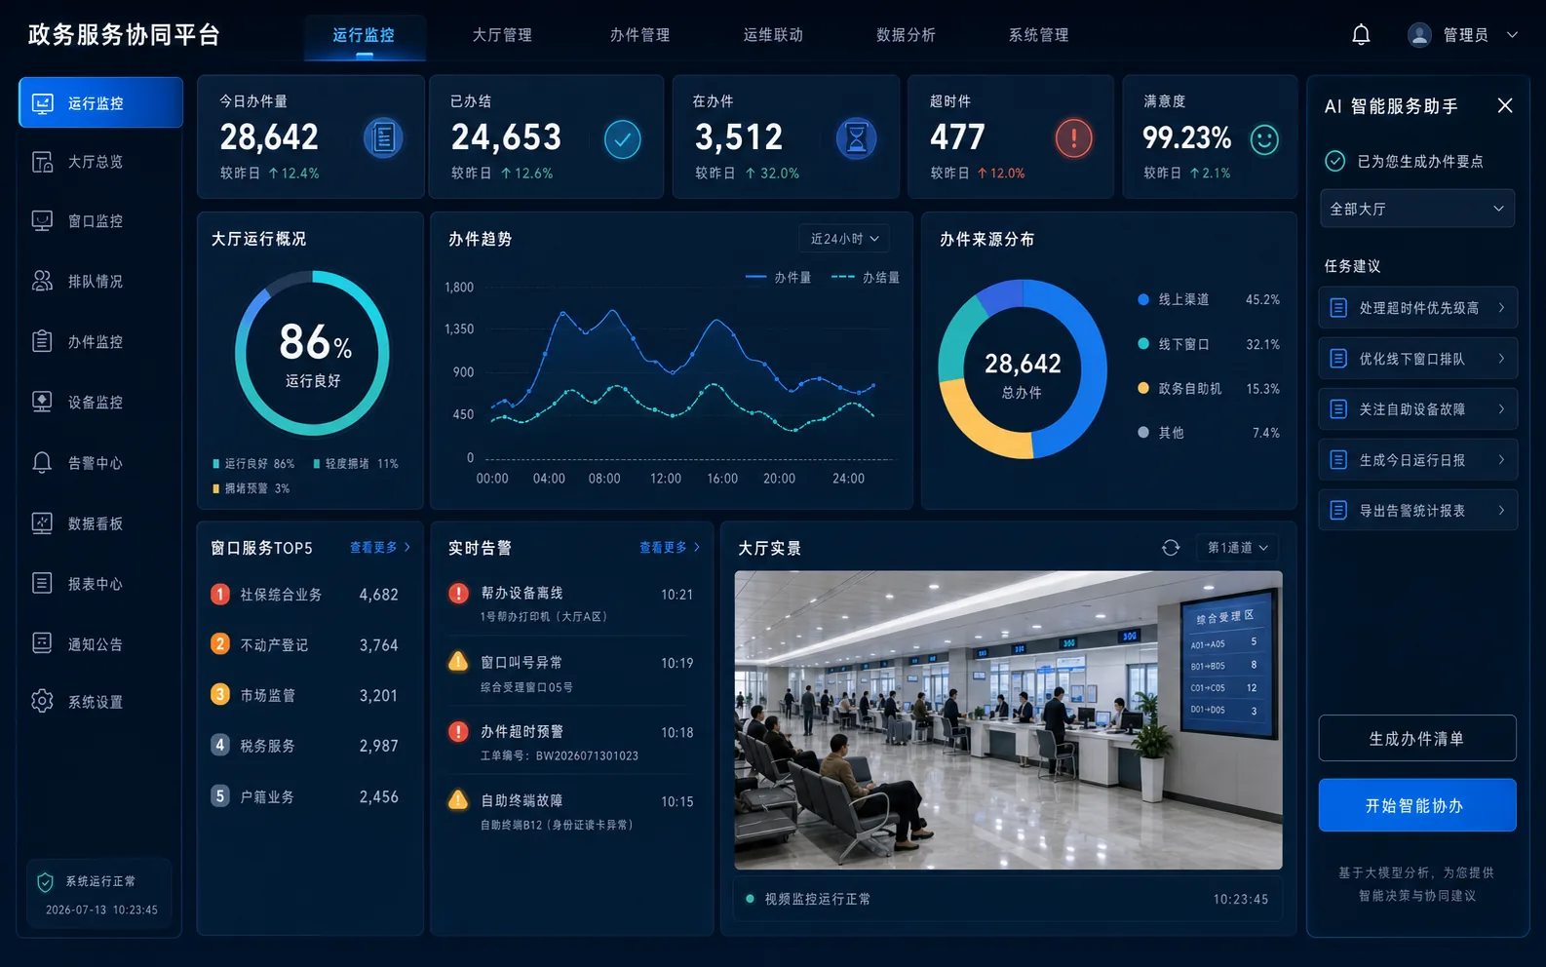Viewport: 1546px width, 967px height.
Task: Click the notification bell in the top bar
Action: (1361, 34)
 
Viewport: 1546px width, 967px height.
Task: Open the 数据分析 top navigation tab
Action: (906, 35)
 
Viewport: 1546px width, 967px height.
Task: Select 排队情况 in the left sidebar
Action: (96, 282)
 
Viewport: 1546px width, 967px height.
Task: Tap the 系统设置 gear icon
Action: (42, 701)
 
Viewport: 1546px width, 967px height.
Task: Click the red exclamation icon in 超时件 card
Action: (1073, 138)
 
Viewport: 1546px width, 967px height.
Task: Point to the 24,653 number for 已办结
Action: (506, 136)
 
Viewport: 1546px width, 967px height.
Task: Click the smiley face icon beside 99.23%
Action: (1263, 139)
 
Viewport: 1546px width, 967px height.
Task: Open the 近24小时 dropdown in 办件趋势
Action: (844, 239)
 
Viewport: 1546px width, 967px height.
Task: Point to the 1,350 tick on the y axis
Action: (459, 329)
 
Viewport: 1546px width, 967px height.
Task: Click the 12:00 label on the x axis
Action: (666, 479)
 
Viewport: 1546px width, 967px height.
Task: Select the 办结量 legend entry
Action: (866, 278)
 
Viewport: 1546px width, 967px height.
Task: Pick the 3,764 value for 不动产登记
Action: (379, 645)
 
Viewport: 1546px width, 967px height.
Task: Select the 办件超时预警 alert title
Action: (522, 732)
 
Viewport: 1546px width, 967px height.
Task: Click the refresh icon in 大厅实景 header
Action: (1171, 548)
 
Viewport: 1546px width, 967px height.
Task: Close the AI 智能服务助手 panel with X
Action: (1505, 105)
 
